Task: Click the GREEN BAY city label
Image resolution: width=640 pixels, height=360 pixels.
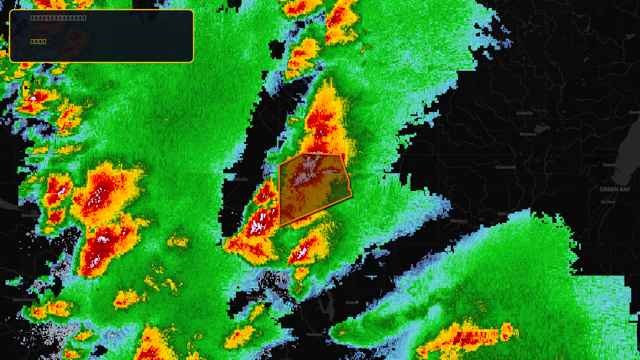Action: pos(615,189)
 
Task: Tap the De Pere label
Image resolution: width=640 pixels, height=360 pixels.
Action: pos(608,202)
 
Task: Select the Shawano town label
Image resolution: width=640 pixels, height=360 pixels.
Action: pos(528,134)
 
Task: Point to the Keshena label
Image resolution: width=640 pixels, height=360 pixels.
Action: pos(524,113)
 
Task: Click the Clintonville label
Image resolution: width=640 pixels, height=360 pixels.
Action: pos(506,167)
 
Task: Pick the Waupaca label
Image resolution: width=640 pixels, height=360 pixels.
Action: pos(458,221)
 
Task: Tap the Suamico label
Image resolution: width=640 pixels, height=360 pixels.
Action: pos(611,165)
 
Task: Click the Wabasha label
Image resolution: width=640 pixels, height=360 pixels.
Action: pos(30,216)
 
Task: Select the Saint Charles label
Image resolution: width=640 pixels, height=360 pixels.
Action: pos(24,300)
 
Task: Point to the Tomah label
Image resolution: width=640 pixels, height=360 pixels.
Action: pos(252,298)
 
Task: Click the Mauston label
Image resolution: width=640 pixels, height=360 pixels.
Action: pos(314,334)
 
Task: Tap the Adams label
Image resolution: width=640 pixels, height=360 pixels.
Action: pos(352,302)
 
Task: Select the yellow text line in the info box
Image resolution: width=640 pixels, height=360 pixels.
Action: pos(38,41)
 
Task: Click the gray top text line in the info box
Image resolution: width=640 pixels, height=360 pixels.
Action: pos(58,18)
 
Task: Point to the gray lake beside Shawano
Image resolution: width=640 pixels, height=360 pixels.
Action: pos(542,129)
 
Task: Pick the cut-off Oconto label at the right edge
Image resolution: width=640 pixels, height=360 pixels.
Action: pos(635,112)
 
